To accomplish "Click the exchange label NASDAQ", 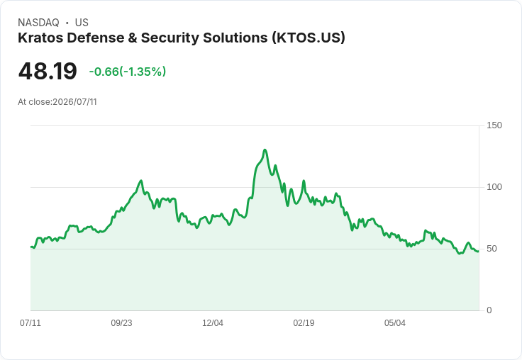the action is pos(38,23).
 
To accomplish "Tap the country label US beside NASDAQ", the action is pos(82,23).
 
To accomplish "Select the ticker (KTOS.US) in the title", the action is pos(309,38).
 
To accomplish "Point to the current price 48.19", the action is pos(48,71).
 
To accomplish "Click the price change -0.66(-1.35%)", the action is pos(128,72).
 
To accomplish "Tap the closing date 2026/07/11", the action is pos(75,102).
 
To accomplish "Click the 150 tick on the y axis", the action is pos(494,125).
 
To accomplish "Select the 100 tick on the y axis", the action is pos(494,187).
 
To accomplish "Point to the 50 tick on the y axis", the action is pos(492,249).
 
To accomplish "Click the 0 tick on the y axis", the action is pos(489,310).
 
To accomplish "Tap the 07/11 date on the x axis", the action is pos(30,322).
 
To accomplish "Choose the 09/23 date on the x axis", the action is pos(121,322).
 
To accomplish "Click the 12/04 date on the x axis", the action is pos(213,322).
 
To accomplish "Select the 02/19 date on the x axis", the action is pos(304,322).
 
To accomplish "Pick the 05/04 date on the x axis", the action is pos(395,322).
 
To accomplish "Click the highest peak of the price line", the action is pos(265,150).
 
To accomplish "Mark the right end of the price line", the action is pos(479,251).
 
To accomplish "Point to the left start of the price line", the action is pos(31,247).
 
